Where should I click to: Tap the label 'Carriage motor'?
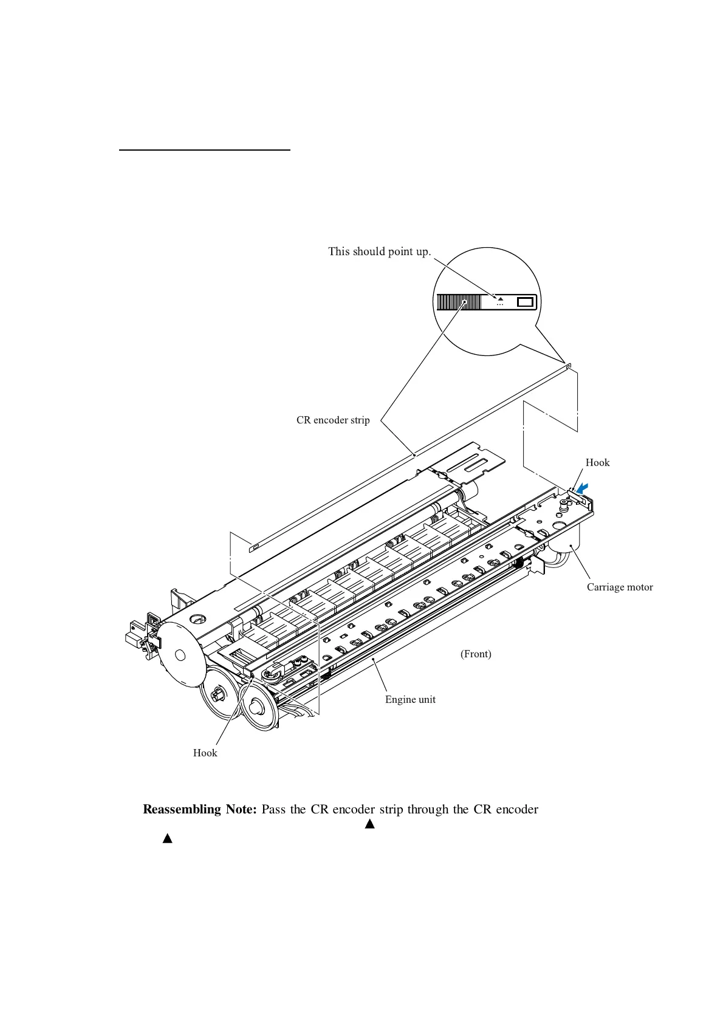tap(620, 587)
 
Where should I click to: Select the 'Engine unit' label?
tap(410, 699)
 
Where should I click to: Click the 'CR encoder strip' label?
tap(333, 420)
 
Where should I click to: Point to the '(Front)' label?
tap(476, 654)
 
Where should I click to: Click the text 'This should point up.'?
tap(380, 251)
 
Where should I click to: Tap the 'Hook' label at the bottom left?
tap(205, 753)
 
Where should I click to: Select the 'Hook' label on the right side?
tap(597, 462)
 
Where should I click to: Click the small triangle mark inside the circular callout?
tap(500, 298)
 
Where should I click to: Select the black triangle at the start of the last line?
tap(168, 838)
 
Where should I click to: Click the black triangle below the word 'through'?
tap(369, 824)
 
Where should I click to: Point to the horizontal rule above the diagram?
tap(205, 149)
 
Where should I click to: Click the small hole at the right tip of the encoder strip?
tap(567, 366)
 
